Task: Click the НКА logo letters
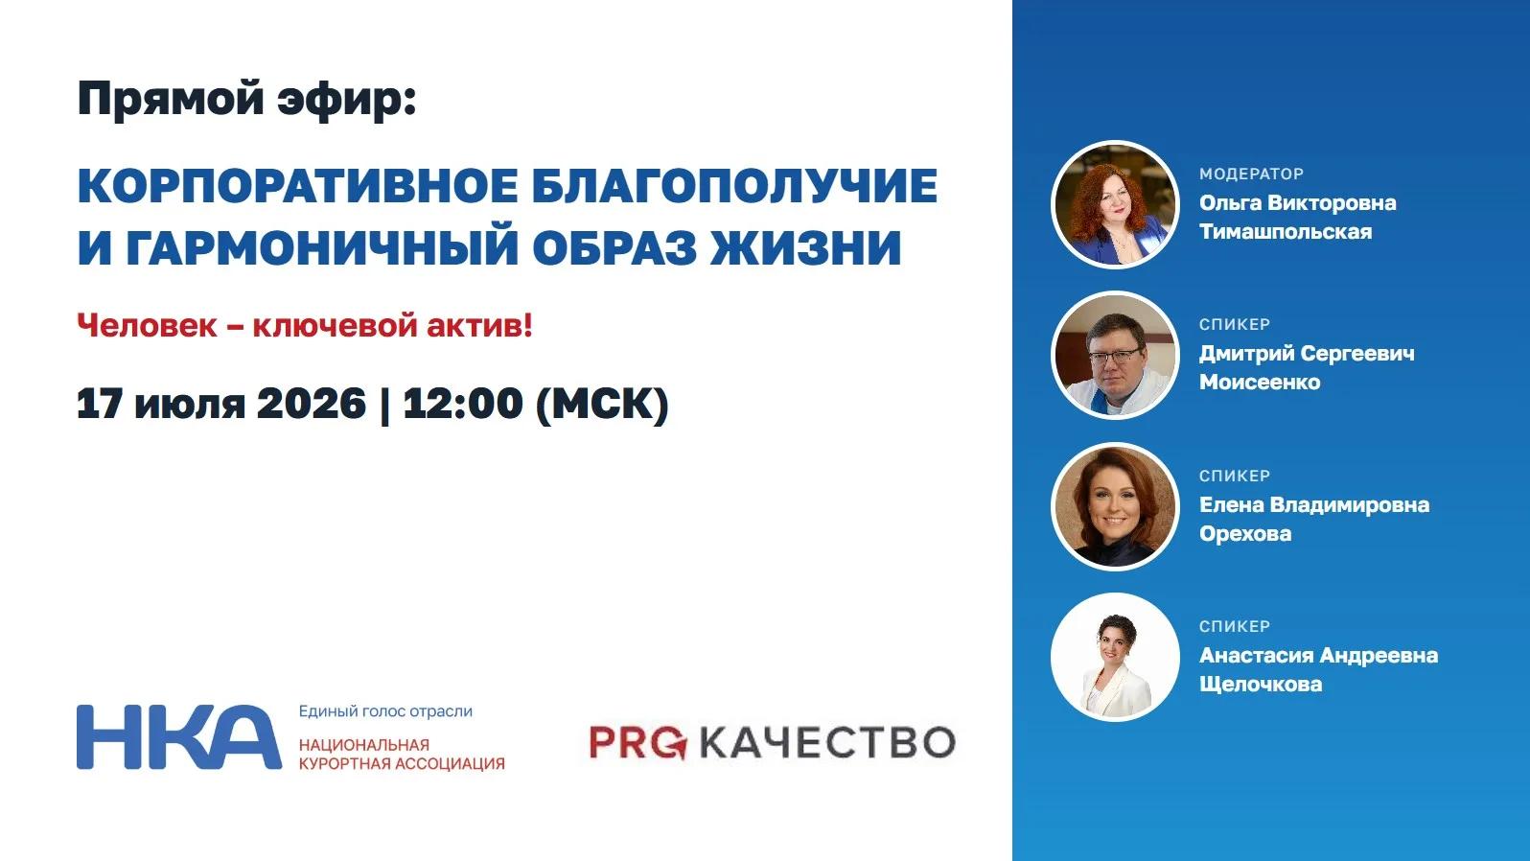tap(179, 737)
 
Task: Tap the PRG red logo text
tap(637, 743)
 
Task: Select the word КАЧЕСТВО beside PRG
tap(828, 743)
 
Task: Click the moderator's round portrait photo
tap(1116, 204)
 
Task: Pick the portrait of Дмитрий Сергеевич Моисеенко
tap(1116, 356)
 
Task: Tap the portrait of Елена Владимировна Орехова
tap(1116, 506)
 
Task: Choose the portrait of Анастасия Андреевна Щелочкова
tap(1116, 658)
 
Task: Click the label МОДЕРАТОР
tap(1251, 175)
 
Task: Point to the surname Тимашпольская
tap(1286, 232)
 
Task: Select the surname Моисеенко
tap(1260, 382)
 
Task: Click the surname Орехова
tap(1245, 534)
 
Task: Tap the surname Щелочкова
tap(1261, 684)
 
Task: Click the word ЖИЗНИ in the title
tap(806, 246)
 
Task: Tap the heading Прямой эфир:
tap(246, 100)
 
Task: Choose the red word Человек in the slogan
tap(147, 325)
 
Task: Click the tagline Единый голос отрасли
tap(385, 711)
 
